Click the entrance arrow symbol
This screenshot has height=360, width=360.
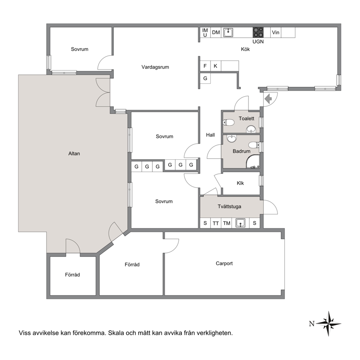click(268, 99)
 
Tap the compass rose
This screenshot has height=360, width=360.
click(328, 323)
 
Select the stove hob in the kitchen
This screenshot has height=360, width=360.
click(258, 32)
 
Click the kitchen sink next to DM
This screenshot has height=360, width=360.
click(228, 33)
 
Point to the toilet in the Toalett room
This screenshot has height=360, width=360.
click(228, 122)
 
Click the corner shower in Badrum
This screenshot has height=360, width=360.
click(253, 161)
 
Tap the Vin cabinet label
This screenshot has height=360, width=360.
click(275, 33)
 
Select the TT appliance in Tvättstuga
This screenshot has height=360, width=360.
click(216, 223)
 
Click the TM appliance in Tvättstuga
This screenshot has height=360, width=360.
click(226, 223)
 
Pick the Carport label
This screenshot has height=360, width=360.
click(224, 263)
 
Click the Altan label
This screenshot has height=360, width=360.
click(74, 154)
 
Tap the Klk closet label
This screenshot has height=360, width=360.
click(240, 183)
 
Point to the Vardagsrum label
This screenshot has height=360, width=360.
click(155, 67)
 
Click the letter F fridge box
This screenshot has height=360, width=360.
click(205, 66)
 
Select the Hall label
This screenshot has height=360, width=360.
click(210, 135)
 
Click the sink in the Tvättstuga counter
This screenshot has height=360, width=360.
click(240, 223)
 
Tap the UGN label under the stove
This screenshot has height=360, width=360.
click(258, 42)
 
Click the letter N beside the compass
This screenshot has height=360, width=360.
click(312, 324)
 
